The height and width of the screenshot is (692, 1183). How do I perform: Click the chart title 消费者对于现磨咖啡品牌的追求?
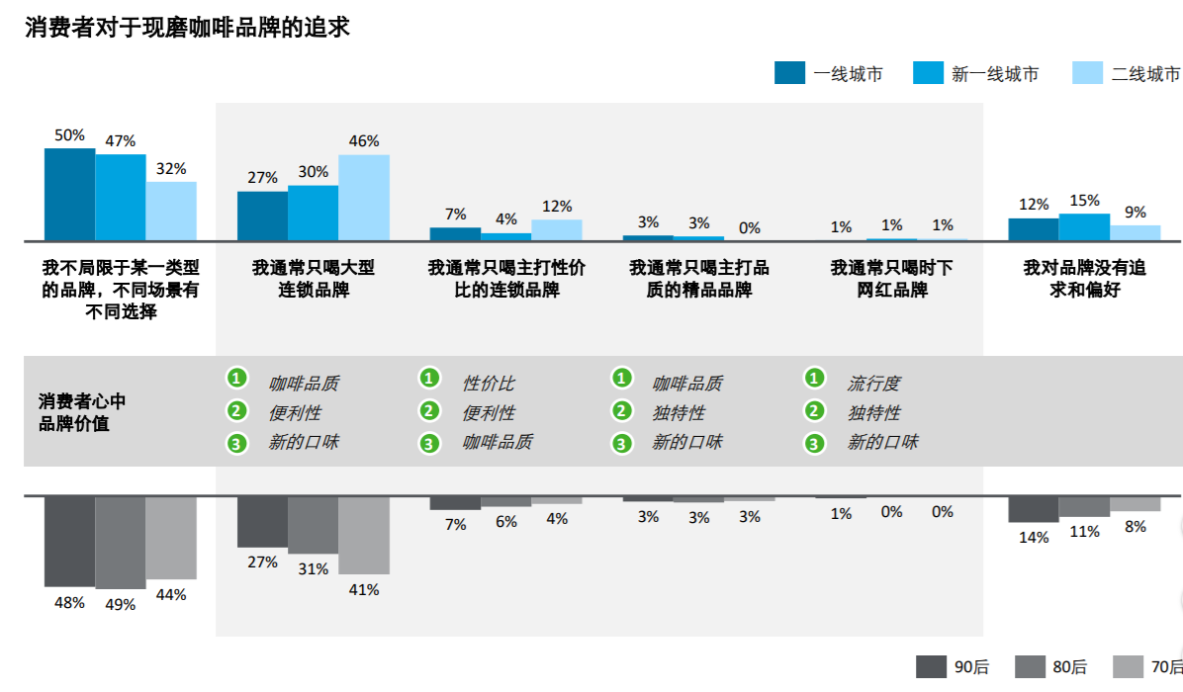187,28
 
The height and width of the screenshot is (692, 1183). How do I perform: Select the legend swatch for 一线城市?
789,73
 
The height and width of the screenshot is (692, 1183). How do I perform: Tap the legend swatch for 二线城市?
1087,73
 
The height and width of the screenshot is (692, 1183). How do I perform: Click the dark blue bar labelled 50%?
69,195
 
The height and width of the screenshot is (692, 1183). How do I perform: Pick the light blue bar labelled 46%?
363,198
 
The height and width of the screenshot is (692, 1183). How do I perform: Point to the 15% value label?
1084,201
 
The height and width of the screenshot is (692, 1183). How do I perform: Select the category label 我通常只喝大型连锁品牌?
314,279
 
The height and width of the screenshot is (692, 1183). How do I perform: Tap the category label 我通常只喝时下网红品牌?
892,279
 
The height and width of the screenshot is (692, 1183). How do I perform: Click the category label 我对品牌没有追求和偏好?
1084,279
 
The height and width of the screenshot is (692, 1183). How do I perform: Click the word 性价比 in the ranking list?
489,384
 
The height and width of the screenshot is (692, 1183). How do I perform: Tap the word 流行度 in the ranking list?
873,384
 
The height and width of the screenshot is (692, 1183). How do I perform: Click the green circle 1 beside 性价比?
429,378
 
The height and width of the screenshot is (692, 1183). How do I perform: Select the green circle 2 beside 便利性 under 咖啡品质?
236,411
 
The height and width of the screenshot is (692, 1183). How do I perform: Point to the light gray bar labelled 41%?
363,535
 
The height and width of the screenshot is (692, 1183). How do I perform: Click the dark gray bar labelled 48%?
69,541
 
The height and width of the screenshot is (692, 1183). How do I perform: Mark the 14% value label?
1034,538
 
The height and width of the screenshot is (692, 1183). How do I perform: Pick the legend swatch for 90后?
931,667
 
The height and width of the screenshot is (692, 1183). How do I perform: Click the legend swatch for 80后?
1030,667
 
